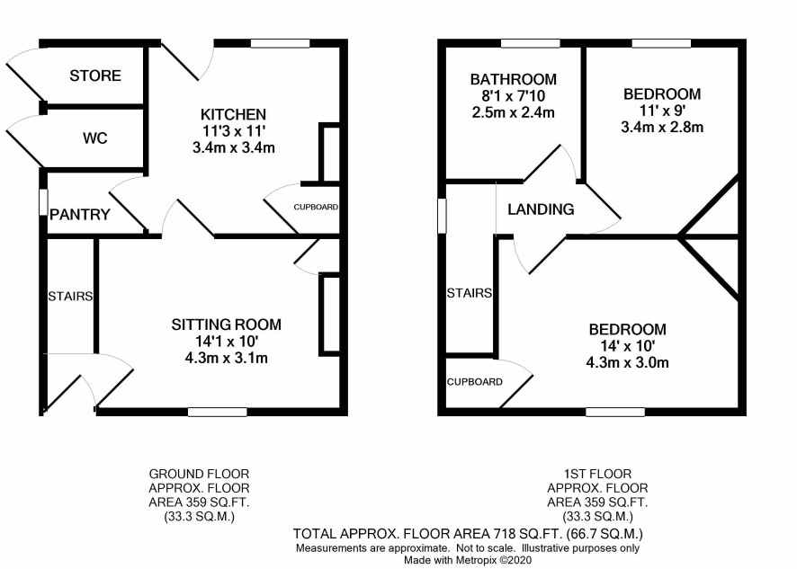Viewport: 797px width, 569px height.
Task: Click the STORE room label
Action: click(95, 76)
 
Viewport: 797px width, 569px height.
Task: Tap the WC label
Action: click(95, 138)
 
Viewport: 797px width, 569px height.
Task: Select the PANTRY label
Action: click(80, 215)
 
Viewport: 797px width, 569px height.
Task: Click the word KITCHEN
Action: click(233, 114)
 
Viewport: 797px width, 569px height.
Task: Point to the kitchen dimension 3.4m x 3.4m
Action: click(233, 147)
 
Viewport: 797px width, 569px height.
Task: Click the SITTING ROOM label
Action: click(226, 325)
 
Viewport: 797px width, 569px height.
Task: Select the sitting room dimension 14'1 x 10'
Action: click(226, 341)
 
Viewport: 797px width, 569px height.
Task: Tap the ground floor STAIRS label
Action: click(70, 296)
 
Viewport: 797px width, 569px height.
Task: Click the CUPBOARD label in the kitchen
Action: click(316, 208)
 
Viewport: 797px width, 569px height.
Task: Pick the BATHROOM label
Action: click(514, 79)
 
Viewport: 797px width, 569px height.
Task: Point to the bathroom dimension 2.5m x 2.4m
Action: click(514, 112)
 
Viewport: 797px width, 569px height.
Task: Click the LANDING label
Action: click(541, 209)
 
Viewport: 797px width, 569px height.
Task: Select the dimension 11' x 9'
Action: click(662, 111)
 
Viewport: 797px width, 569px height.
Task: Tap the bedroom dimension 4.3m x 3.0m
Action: click(627, 363)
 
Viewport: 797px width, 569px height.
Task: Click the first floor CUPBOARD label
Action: click(475, 382)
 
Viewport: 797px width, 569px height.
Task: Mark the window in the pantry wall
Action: click(43, 202)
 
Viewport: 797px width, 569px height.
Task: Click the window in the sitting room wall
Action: click(218, 412)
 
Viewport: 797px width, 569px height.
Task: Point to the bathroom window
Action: click(530, 43)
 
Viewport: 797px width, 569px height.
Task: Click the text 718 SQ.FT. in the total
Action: click(529, 534)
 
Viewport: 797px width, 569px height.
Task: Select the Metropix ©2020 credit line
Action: click(468, 560)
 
